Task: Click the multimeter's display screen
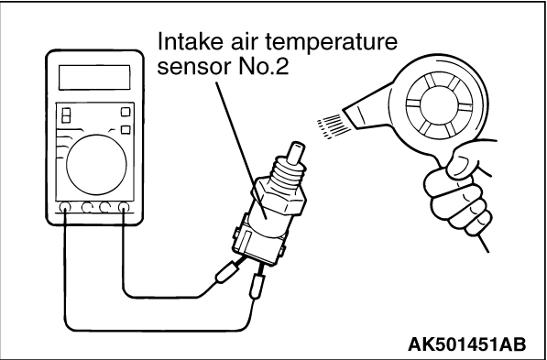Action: pyautogui.click(x=94, y=77)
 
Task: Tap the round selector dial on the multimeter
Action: pyautogui.click(x=96, y=165)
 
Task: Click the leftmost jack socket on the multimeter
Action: pyautogui.click(x=64, y=208)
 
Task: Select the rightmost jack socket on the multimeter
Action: pyautogui.click(x=124, y=208)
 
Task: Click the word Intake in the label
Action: pyautogui.click(x=185, y=42)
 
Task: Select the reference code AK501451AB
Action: pyautogui.click(x=466, y=344)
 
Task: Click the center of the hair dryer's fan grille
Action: pyautogui.click(x=440, y=105)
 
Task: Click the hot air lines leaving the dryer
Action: pyautogui.click(x=334, y=126)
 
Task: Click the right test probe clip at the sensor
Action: pyautogui.click(x=257, y=286)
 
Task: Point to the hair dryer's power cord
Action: pyautogui.click(x=483, y=242)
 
